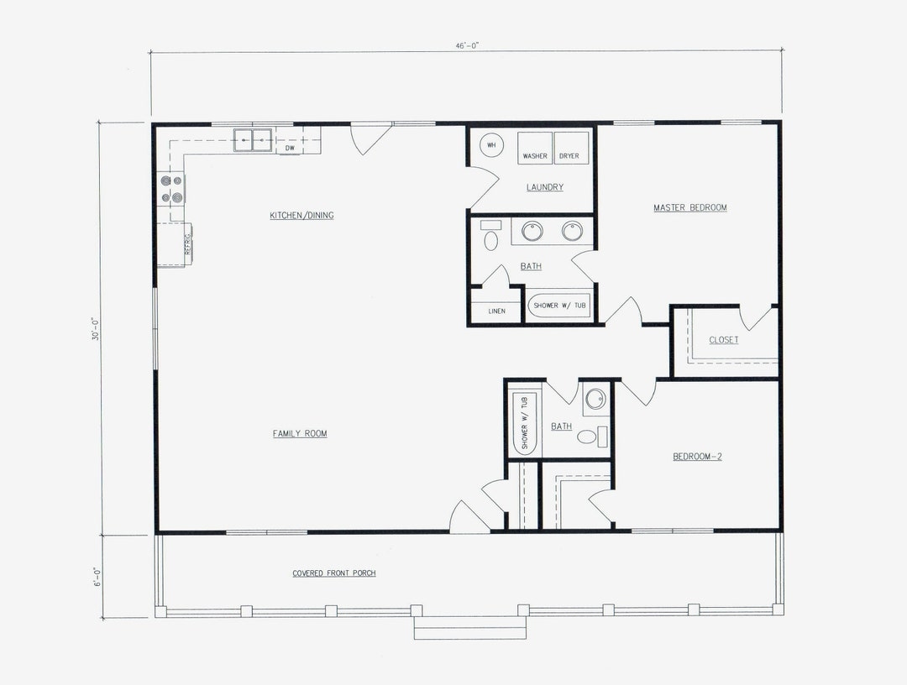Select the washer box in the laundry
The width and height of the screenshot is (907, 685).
click(534, 149)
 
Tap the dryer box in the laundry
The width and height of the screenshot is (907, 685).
click(571, 149)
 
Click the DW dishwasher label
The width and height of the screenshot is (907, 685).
click(289, 149)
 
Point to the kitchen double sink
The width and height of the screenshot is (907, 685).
click(253, 139)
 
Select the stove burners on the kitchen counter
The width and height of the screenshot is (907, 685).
click(171, 189)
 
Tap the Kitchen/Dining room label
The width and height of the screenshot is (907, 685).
click(301, 216)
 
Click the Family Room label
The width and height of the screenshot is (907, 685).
click(300, 434)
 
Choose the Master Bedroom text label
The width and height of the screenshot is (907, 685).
click(690, 207)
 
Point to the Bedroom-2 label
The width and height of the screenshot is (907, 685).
click(696, 457)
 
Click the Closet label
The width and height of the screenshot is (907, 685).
click(724, 340)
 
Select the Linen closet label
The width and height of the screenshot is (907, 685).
click(497, 311)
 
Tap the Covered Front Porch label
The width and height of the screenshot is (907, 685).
click(334, 573)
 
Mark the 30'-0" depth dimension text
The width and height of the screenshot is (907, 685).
click(96, 329)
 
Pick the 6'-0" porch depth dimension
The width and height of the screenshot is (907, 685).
click(96, 578)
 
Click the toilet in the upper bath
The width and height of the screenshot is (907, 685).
click(491, 239)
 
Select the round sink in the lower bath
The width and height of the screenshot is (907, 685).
click(595, 399)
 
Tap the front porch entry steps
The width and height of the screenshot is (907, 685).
click(469, 629)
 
